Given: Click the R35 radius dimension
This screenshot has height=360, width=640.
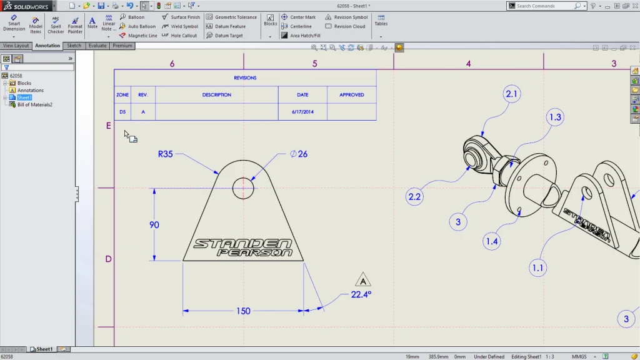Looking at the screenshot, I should point(165,154).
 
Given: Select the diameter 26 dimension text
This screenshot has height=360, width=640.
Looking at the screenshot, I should point(299,154).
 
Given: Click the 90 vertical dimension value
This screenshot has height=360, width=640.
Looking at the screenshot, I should point(154,225).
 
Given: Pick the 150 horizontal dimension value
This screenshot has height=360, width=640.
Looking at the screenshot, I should point(242,311).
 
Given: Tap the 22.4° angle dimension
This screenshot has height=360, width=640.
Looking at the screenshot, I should point(361,294).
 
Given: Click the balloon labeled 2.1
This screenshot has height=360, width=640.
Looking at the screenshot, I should point(511,94).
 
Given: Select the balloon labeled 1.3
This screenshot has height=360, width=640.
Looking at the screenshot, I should point(554,117).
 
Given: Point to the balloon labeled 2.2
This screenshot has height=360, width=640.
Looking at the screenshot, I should point(414,196).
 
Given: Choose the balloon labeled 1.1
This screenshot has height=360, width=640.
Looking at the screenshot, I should point(537,268).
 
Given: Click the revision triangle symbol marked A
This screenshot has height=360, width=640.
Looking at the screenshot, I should point(362,280).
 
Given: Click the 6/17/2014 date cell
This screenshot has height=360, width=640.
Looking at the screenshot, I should point(302,112).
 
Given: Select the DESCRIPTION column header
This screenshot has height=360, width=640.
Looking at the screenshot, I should point(216,95).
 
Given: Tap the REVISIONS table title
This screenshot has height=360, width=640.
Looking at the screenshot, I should point(245,78).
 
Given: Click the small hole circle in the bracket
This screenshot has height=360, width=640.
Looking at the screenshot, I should point(242,188).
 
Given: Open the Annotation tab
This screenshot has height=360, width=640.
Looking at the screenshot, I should point(47,46).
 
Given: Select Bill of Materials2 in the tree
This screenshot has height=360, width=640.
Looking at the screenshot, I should point(34,104).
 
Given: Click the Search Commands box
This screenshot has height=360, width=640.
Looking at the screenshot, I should point(544,6).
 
